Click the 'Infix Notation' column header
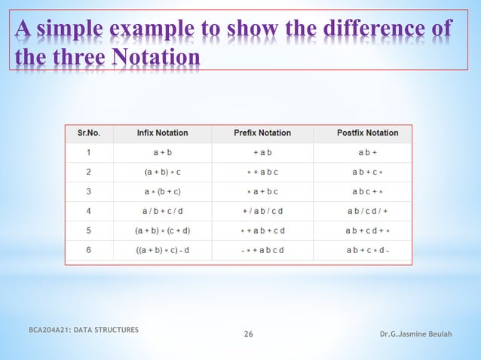(162, 133)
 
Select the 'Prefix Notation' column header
(262, 133)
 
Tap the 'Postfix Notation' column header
(367, 133)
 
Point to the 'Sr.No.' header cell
(89, 133)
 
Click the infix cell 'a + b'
(162, 153)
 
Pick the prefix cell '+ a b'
(262, 153)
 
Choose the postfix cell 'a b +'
(367, 153)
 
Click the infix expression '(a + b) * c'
(162, 172)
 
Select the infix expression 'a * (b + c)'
(162, 191)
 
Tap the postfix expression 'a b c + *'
(367, 191)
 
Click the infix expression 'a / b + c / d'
(162, 211)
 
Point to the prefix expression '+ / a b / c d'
(262, 211)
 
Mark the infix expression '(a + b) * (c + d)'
(162, 230)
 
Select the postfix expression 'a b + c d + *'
(367, 230)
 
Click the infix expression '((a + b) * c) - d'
(162, 250)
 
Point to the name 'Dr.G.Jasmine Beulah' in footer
(419, 334)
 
